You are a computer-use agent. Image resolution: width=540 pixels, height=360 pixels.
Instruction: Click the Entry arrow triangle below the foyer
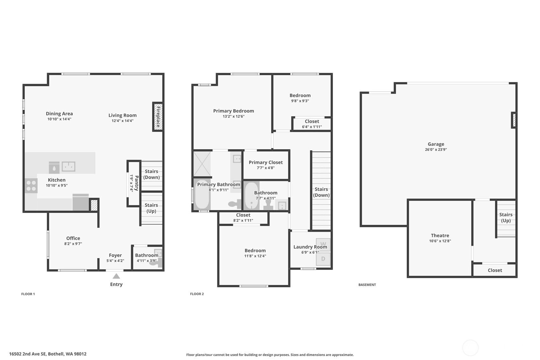pyautogui.click(x=116, y=276)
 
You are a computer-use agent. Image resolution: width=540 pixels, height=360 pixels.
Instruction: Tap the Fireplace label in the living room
pyautogui.click(x=158, y=117)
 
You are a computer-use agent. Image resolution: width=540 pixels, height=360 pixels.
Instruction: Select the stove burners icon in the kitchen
pyautogui.click(x=31, y=186)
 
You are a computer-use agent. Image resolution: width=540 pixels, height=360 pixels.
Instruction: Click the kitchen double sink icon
pyautogui.click(x=68, y=166)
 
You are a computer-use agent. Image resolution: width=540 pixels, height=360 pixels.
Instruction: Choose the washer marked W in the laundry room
pyautogui.click(x=323, y=244)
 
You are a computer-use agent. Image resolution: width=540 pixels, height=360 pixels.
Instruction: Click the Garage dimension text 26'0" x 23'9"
pyautogui.click(x=436, y=150)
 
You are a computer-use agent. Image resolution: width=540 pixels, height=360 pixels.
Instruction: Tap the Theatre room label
pyautogui.click(x=440, y=235)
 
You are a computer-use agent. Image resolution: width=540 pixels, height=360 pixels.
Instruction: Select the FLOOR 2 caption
pyautogui.click(x=197, y=294)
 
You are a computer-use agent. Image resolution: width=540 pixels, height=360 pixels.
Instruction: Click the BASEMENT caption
pyautogui.click(x=367, y=285)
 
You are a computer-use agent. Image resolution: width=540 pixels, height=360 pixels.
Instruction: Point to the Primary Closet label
pyautogui.click(x=266, y=163)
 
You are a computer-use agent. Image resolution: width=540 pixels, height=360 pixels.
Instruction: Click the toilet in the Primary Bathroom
pyautogui.click(x=235, y=203)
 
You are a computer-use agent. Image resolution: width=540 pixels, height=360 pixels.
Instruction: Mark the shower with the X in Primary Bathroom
pyautogui.click(x=202, y=164)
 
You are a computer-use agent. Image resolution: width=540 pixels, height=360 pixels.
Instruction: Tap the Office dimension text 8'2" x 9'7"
pyautogui.click(x=73, y=244)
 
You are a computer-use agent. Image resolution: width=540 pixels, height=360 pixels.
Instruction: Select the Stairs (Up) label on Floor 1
pyautogui.click(x=151, y=208)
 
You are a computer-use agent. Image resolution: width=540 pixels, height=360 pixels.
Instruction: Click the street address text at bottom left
pyautogui.click(x=48, y=354)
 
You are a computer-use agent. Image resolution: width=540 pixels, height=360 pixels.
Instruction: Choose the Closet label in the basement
pyautogui.click(x=495, y=270)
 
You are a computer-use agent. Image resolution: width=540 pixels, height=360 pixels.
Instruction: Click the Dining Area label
pyautogui.click(x=59, y=114)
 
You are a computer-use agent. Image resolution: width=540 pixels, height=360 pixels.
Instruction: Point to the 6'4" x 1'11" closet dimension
pyautogui.click(x=312, y=127)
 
